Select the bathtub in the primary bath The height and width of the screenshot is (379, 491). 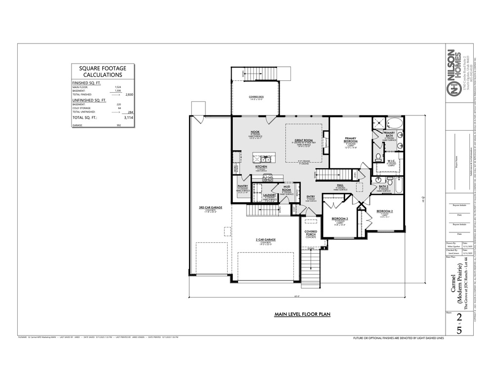(393, 123)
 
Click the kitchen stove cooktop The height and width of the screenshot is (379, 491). (267, 179)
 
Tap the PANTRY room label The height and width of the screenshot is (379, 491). (242, 187)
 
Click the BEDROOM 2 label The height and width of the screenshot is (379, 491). (384, 211)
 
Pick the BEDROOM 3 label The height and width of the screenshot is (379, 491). (339, 219)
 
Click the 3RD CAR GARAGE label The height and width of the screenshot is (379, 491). (207, 208)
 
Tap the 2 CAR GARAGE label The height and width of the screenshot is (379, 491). (265, 240)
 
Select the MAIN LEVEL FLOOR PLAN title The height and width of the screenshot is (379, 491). (302, 314)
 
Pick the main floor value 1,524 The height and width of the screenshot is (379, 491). (118, 87)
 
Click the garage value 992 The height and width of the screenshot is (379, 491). (119, 126)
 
